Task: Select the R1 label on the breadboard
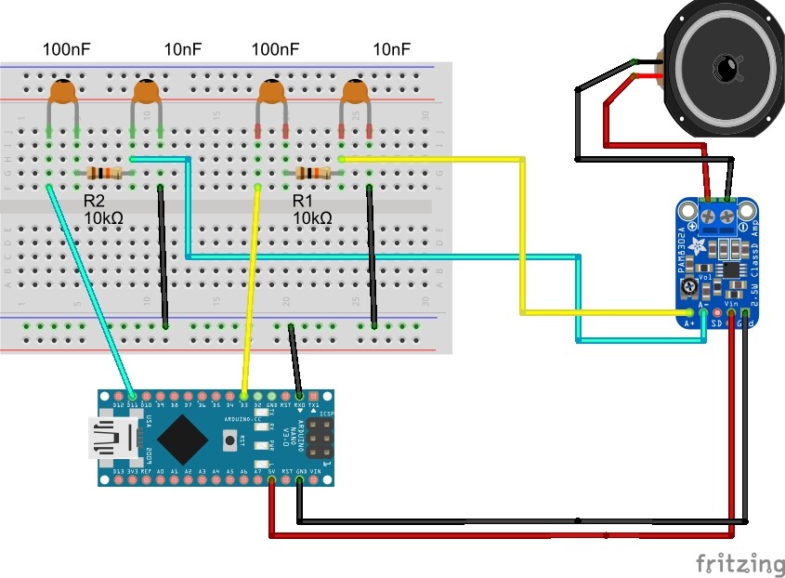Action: tap(304, 200)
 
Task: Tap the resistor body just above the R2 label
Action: tap(103, 173)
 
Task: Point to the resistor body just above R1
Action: tap(312, 173)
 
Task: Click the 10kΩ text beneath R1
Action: tap(312, 218)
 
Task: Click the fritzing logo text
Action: tap(739, 563)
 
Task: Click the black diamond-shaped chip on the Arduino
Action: tap(184, 437)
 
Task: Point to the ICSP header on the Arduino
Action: tap(319, 438)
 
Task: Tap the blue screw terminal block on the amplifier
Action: tap(723, 216)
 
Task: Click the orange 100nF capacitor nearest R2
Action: tap(62, 92)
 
